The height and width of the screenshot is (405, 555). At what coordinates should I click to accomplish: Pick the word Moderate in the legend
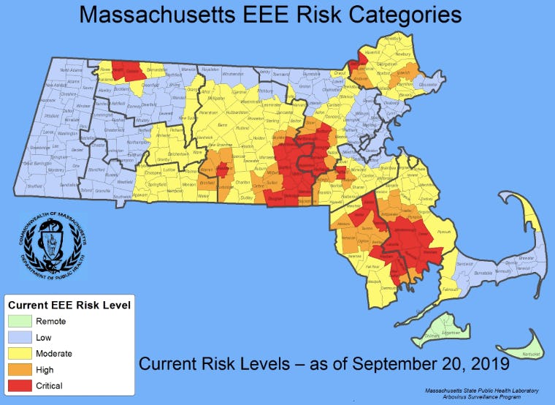(64, 353)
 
